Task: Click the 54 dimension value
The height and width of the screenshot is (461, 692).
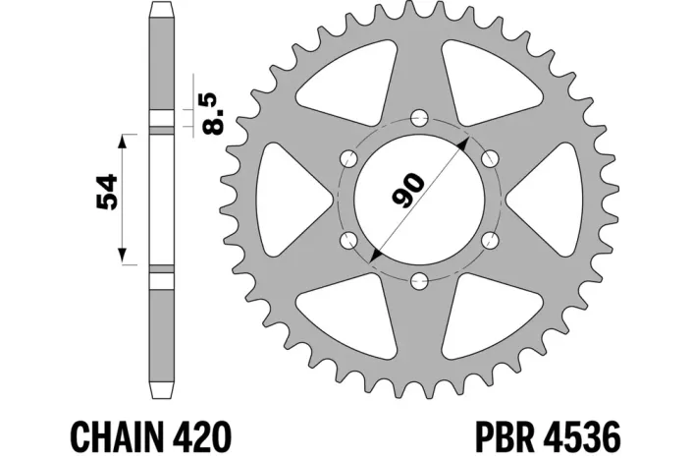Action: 108,194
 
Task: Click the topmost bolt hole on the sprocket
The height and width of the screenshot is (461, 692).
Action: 416,119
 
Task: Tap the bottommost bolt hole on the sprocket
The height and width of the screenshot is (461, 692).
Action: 416,282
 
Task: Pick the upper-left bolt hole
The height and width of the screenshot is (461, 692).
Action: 346,159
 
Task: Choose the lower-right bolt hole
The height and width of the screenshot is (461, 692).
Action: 487,241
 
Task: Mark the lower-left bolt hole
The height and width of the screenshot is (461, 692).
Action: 346,241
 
